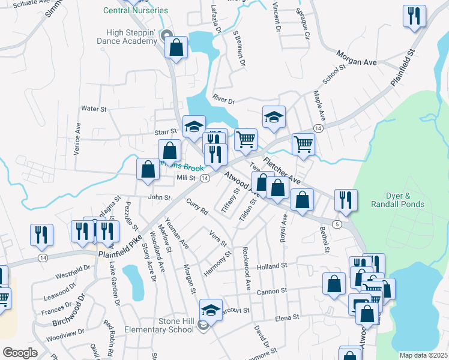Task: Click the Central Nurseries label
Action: pos(136,10)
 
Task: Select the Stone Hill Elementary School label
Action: pos(159,325)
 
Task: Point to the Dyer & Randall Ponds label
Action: pos(405,200)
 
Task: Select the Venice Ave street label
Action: pos(77,140)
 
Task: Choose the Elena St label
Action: pos(287,317)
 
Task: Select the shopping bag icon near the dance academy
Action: pos(176,49)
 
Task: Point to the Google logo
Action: pos(20,352)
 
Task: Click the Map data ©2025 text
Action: pos(423,355)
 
